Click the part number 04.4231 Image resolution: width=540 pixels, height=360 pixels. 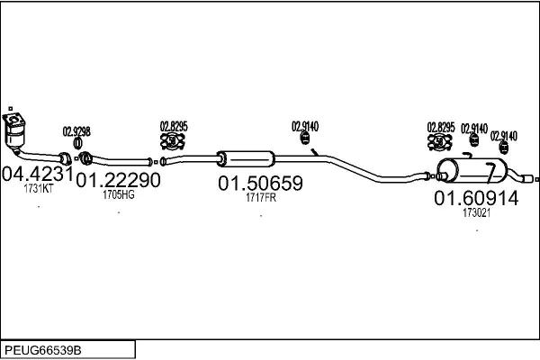point(38,174)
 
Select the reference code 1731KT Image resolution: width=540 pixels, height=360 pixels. point(39,188)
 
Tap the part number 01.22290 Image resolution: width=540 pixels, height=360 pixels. point(118,180)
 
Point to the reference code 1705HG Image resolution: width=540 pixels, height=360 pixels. point(119,194)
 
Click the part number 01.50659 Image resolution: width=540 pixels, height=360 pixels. point(260,183)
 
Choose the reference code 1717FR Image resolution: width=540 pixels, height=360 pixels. point(261,198)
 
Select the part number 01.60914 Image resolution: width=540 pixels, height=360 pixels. point(476,198)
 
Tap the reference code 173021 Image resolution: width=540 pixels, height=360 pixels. point(476,213)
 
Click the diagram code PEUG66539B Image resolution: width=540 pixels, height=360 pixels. point(43,350)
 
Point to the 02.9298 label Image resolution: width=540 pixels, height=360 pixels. point(76,131)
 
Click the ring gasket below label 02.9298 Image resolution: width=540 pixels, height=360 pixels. point(77,143)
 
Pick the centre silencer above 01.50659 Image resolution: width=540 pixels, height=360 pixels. point(246,158)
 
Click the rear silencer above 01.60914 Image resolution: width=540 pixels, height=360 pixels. point(472,170)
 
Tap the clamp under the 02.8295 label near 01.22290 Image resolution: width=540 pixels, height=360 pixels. point(173,141)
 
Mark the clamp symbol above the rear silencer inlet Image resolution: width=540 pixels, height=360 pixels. point(440,141)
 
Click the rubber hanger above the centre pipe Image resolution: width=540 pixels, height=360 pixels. point(305,139)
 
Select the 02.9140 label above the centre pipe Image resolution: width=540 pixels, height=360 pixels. point(305,126)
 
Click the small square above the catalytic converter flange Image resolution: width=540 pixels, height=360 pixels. point(11,109)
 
